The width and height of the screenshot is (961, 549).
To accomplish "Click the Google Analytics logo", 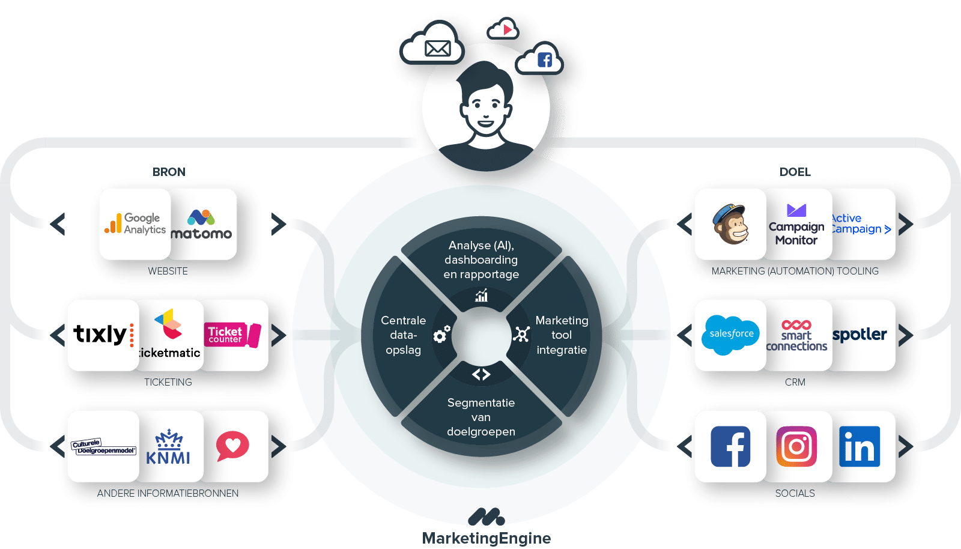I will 135,224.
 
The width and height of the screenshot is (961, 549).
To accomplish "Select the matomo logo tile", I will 202,225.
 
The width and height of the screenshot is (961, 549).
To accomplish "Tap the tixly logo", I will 103,335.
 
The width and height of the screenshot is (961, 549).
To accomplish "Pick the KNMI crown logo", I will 168,447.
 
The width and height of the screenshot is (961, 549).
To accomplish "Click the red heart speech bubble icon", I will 232,446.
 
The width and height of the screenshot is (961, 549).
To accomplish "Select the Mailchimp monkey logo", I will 730,224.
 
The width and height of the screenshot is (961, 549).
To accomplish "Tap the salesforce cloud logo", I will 730,335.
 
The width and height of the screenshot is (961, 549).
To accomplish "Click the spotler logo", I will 859,335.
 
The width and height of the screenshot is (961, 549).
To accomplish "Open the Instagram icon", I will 796,446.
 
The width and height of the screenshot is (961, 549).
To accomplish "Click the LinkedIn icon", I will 859,446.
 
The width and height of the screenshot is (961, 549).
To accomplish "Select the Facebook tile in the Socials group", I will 730,446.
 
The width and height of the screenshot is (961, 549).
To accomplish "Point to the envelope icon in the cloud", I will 437,48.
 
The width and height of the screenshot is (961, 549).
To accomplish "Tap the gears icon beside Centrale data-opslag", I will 442,334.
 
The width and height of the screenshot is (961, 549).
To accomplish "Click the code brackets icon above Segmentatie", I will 481,374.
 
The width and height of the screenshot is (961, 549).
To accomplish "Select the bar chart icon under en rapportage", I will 481,295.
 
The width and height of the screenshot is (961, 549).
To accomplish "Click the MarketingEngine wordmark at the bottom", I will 487,538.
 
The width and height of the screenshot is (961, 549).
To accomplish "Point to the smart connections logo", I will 796,335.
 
